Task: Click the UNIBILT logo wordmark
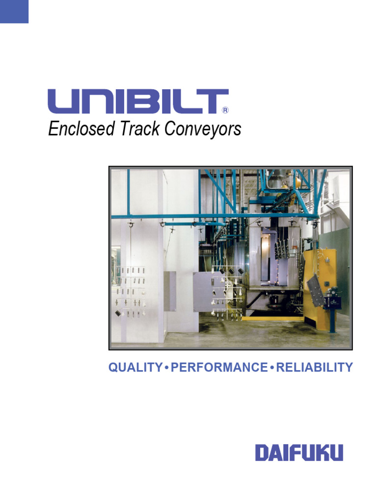tap(138, 101)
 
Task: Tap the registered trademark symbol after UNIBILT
tap(225, 110)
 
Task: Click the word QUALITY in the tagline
tap(135, 367)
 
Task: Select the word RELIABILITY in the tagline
tap(315, 367)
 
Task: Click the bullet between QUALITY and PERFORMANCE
tap(166, 368)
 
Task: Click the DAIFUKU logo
tap(299, 452)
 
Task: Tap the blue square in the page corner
tap(14, 11)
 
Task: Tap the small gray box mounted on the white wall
tap(170, 291)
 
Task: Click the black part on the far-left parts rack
tap(117, 313)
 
